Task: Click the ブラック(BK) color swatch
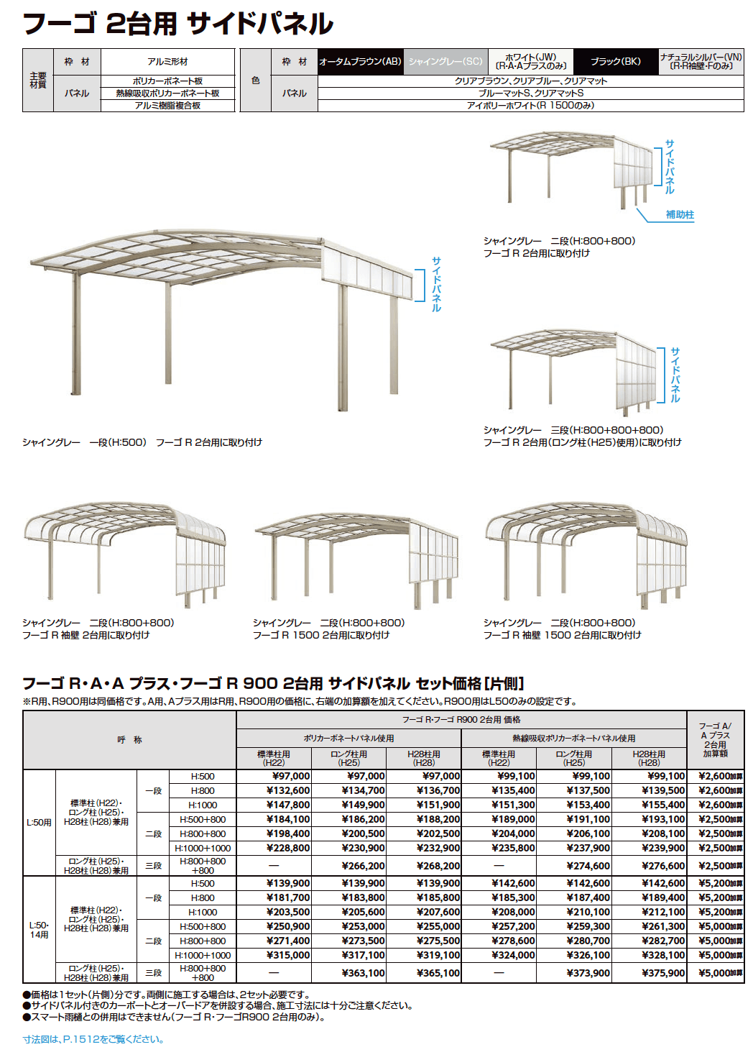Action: (x=616, y=62)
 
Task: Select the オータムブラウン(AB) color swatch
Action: (x=360, y=62)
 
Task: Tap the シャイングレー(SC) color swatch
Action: (x=445, y=62)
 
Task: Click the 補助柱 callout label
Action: (x=679, y=214)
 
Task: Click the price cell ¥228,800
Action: (x=288, y=848)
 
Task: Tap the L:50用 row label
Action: (x=39, y=823)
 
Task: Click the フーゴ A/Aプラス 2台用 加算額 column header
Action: (x=715, y=740)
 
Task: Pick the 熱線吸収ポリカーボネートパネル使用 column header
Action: (x=573, y=739)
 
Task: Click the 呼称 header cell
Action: (x=130, y=740)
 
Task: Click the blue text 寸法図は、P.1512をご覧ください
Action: (x=93, y=1039)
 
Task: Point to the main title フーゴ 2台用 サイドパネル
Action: (x=178, y=24)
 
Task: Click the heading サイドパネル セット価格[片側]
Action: (x=273, y=683)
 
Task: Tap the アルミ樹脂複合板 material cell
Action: (x=167, y=106)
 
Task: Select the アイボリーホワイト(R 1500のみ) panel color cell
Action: (x=530, y=106)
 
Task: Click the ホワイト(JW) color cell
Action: (x=530, y=62)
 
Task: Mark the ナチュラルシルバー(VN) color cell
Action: (x=701, y=62)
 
